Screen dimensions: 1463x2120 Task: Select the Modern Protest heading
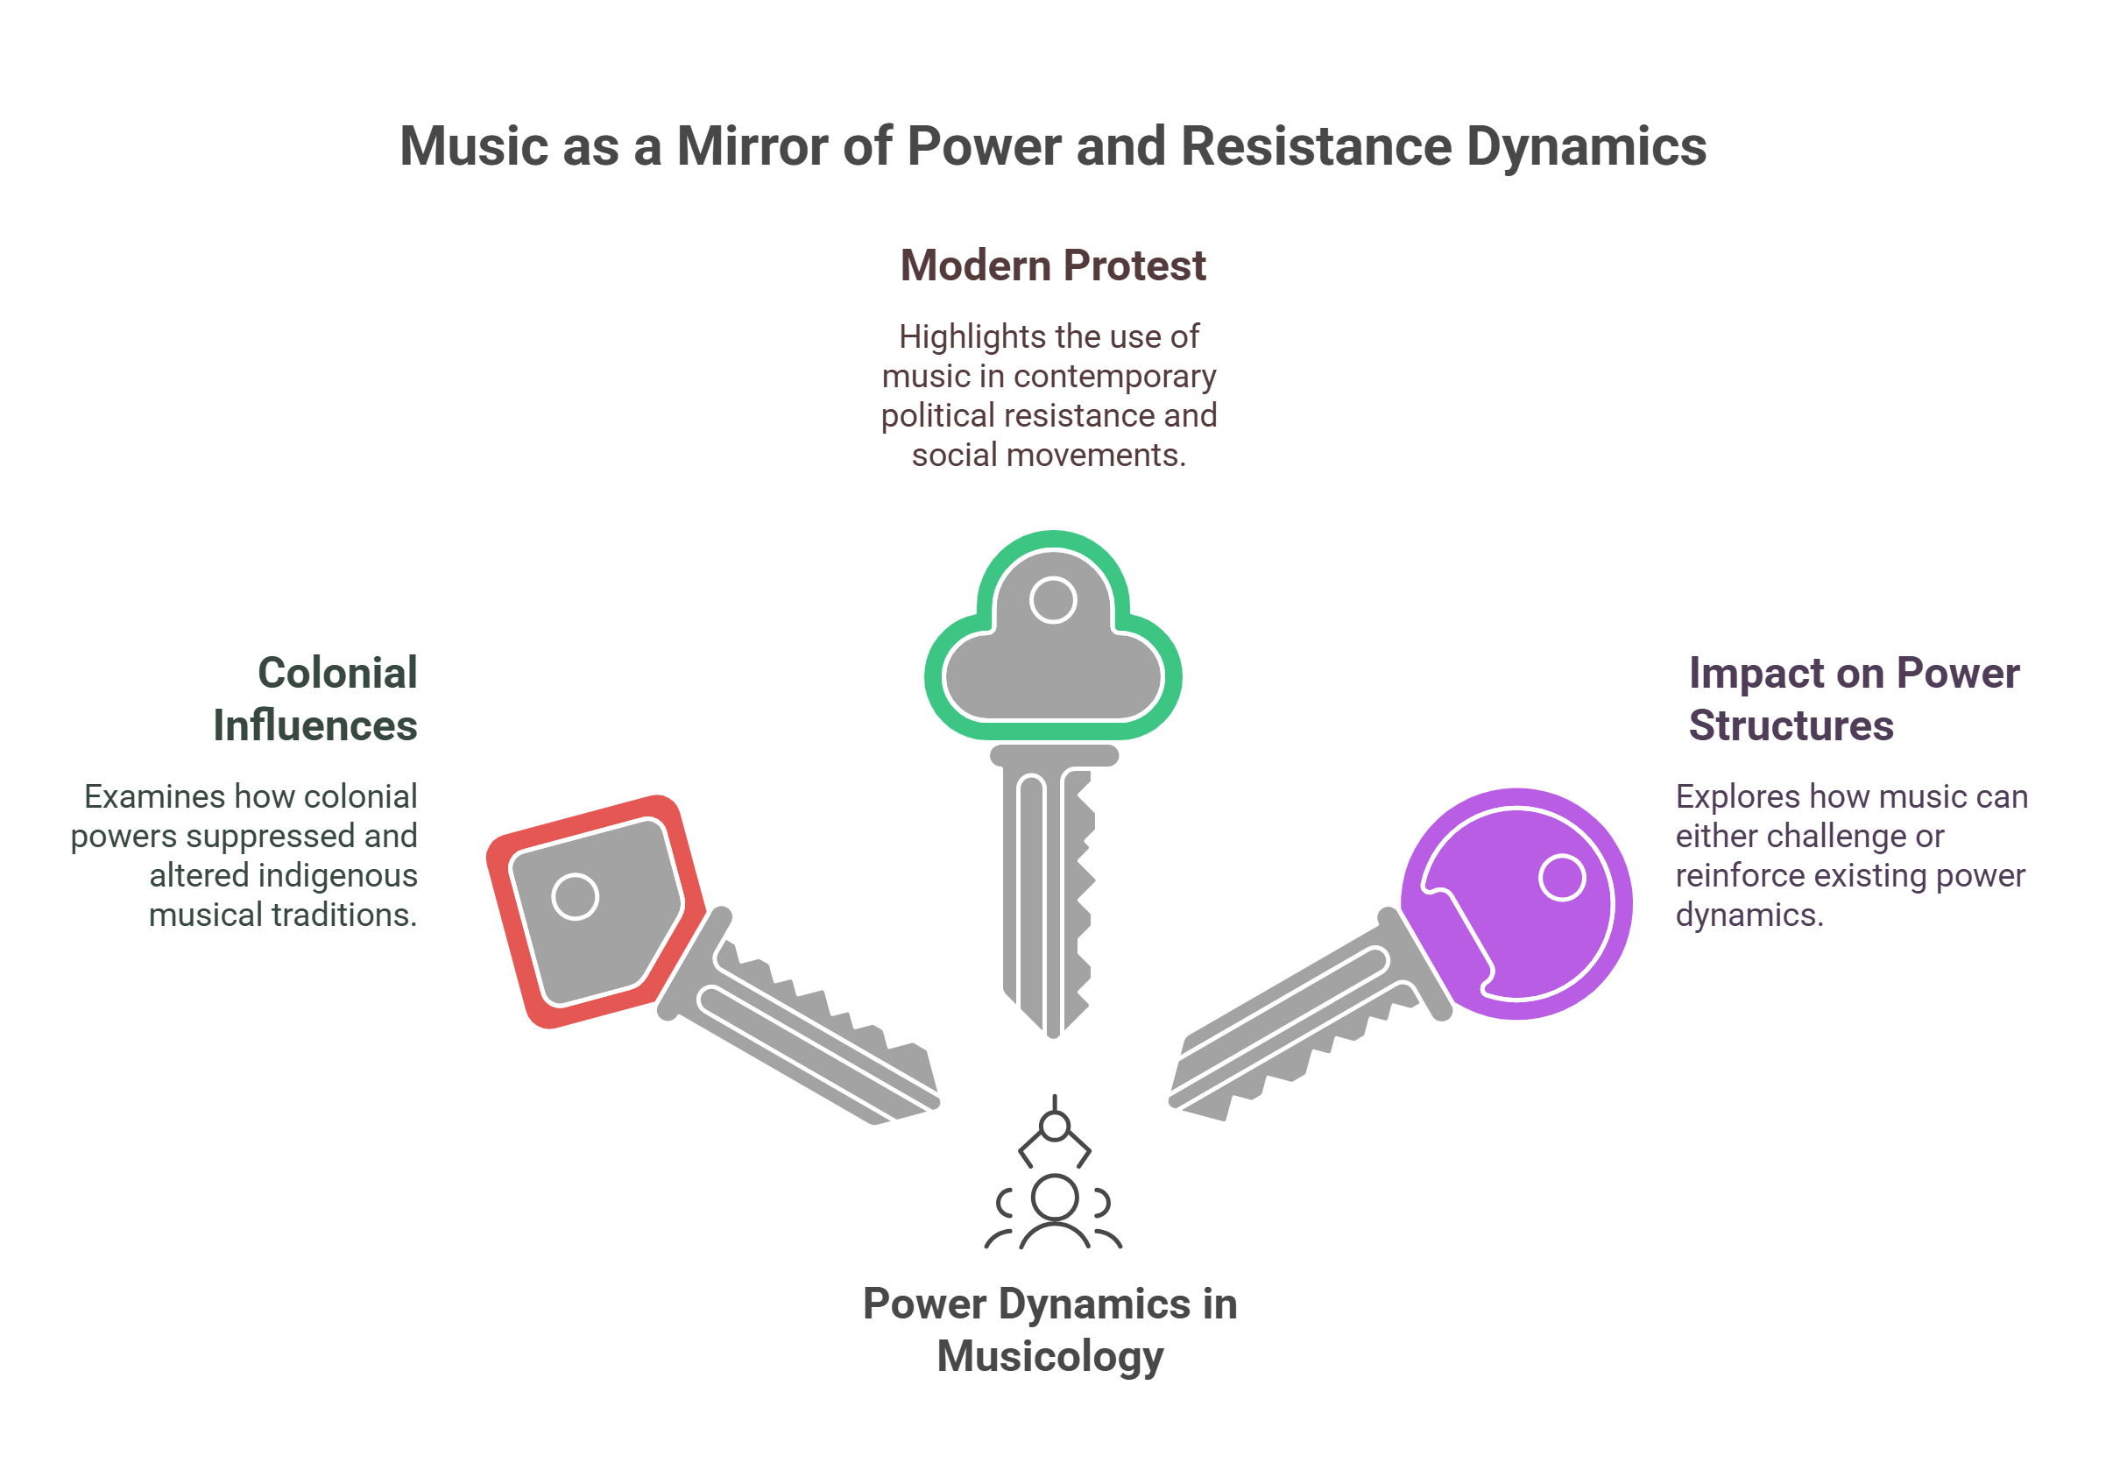(x=1052, y=265)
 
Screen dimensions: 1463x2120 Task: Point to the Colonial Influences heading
(x=316, y=699)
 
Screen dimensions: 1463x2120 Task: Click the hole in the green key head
(x=1053, y=600)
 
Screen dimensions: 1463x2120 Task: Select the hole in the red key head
(x=575, y=897)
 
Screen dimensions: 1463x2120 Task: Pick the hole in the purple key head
(x=1562, y=877)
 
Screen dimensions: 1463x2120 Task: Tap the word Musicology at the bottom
(x=1049, y=1357)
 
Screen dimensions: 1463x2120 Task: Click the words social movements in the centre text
(x=1048, y=456)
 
